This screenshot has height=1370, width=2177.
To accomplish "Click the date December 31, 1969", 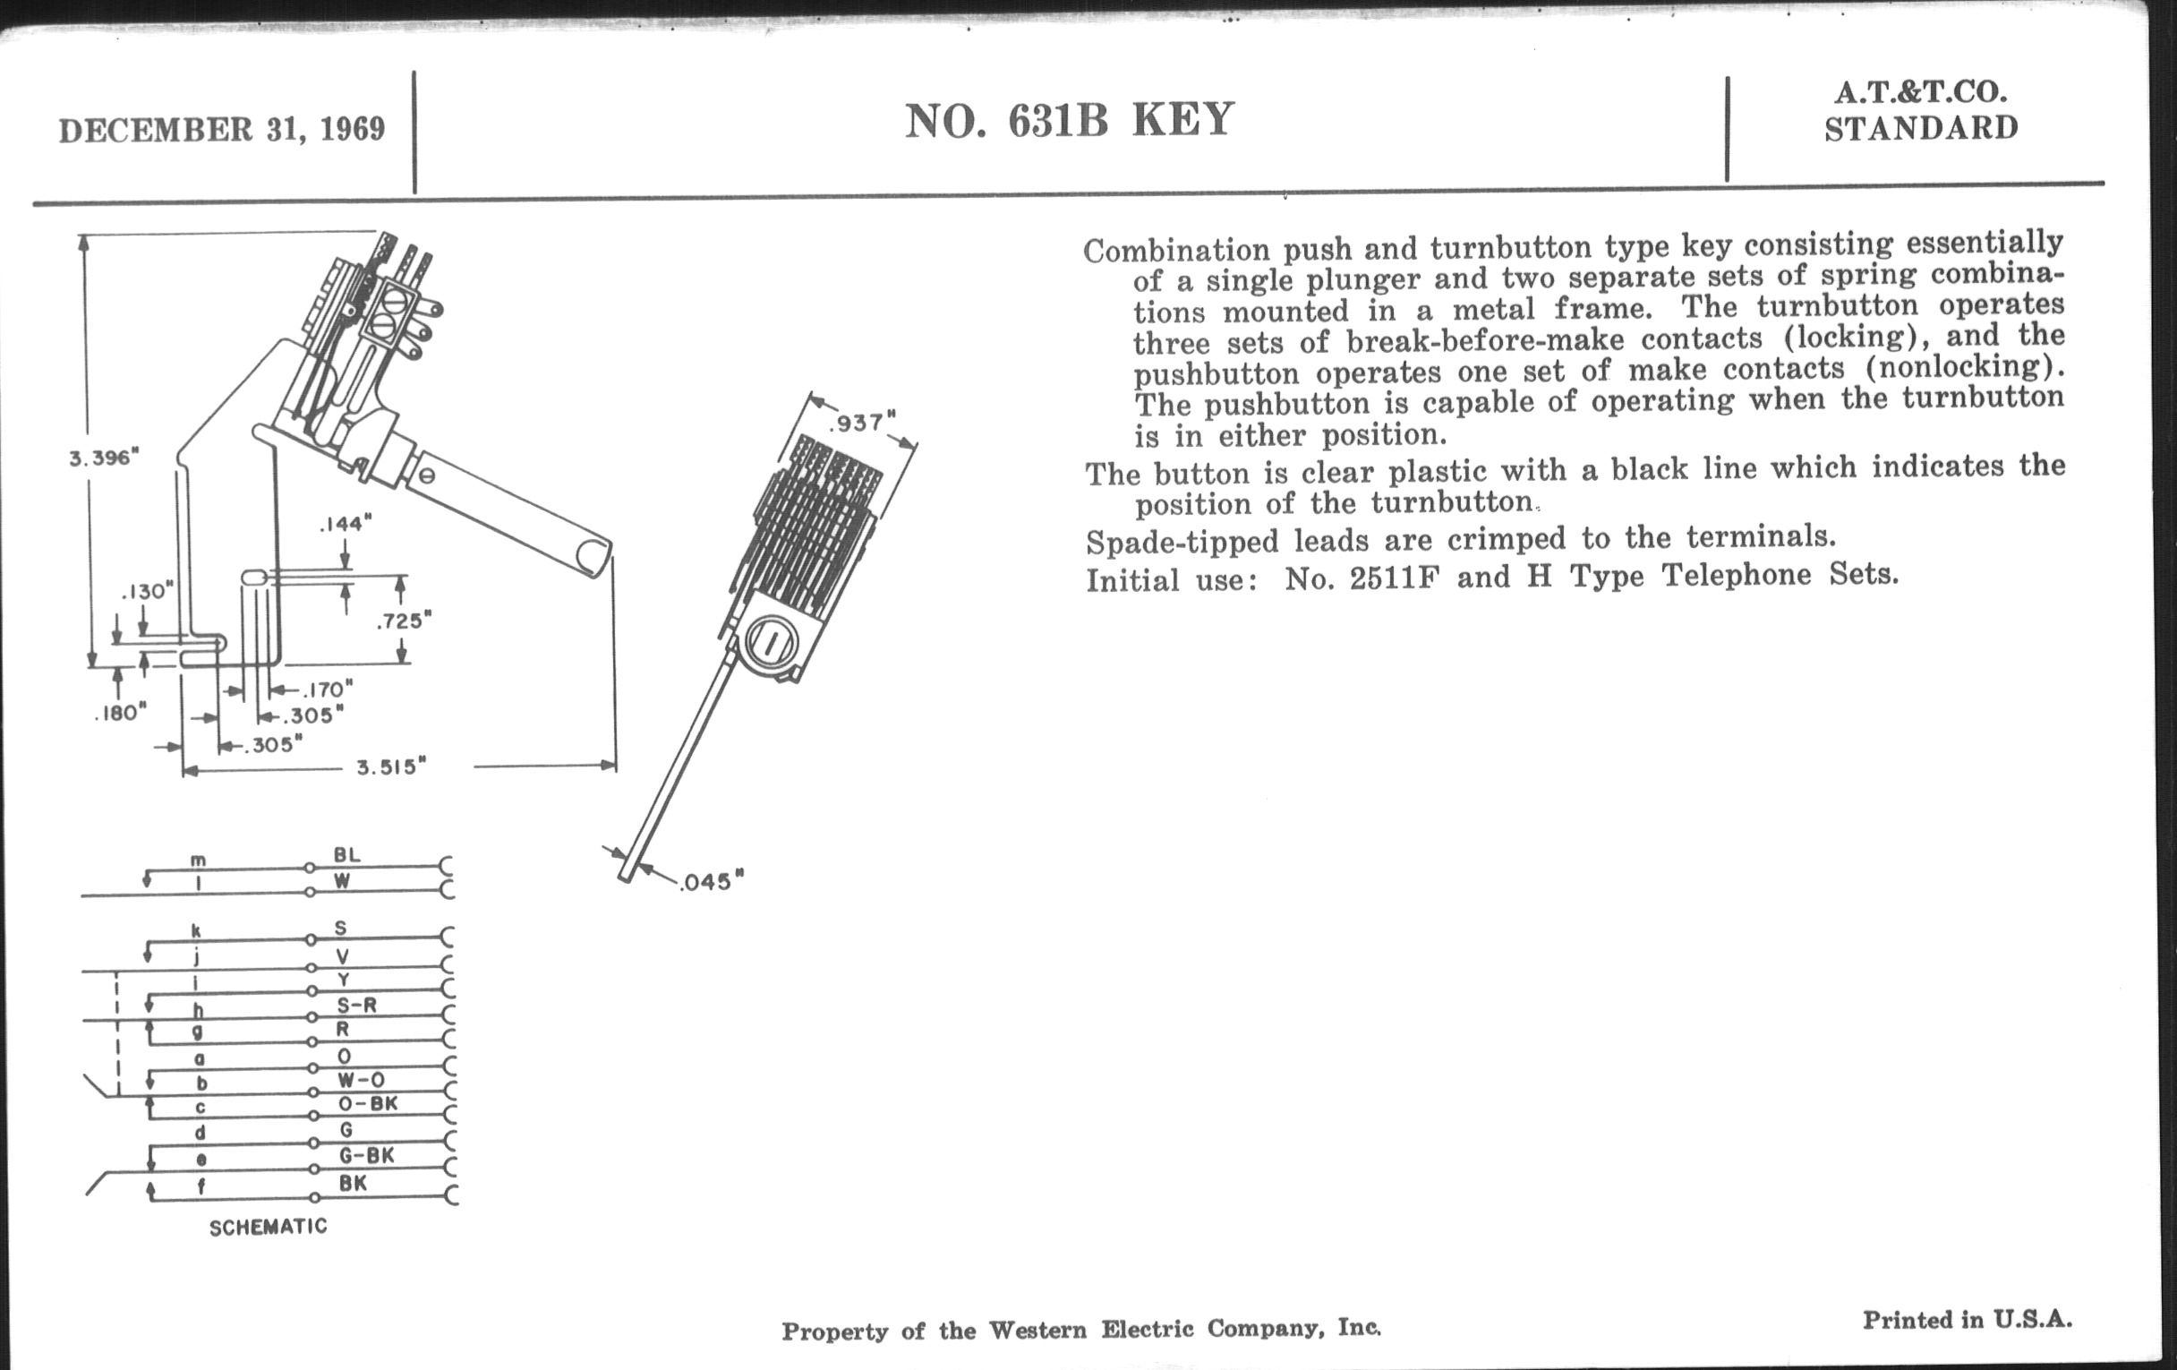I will coord(221,130).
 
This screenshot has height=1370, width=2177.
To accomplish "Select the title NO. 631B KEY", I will coord(1070,120).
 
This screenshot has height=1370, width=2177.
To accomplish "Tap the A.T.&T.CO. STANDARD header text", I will coord(1921,111).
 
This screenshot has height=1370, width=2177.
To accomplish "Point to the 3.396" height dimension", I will coord(104,458).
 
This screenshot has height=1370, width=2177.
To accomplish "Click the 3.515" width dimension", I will coord(390,767).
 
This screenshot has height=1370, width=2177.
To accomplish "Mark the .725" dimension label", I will coord(404,621).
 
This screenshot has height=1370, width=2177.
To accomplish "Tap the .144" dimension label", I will coord(346,524).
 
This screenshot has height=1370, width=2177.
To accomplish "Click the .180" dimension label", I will coord(119,714).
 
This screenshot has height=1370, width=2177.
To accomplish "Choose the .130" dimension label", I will coord(147,591).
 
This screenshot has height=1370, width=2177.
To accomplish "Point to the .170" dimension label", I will coord(326,690).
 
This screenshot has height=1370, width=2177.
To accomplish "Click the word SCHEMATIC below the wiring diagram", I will coord(269,1227).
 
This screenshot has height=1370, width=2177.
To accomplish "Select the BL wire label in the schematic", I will coord(346,854).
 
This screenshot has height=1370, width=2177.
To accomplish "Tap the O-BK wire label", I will coord(368,1104).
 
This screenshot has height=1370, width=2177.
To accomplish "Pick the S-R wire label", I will coord(357,1005).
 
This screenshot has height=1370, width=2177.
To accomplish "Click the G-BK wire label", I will coord(366,1156).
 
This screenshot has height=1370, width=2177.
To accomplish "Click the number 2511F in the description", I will coord(1393,577).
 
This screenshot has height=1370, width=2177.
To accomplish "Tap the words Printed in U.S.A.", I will coord(1968,1320).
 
